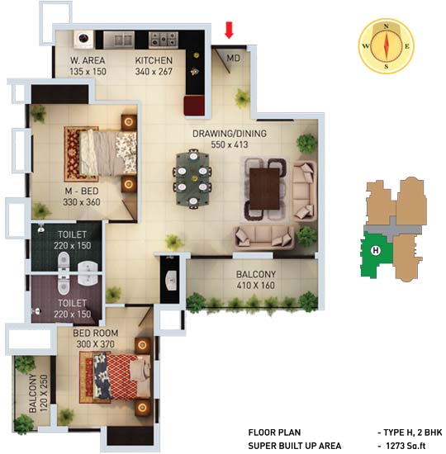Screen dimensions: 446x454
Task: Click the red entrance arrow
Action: [229, 30]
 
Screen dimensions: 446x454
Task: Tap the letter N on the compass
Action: [386, 26]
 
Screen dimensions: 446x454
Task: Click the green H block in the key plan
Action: [376, 255]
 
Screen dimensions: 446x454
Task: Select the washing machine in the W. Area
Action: [83, 39]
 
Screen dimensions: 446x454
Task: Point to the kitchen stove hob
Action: [164, 40]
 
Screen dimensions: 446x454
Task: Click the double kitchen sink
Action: [119, 40]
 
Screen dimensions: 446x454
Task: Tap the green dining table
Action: [192, 178]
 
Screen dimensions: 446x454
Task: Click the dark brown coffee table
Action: [264, 189]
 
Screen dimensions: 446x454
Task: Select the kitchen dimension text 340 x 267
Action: [154, 72]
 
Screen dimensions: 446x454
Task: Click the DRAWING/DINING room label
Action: [230, 134]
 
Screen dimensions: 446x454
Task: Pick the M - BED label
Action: [82, 192]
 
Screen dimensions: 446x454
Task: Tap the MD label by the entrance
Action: [233, 59]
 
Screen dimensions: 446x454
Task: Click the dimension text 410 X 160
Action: [255, 286]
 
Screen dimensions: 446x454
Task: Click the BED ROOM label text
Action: [96, 333]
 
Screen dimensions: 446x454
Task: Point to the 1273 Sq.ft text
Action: [406, 446]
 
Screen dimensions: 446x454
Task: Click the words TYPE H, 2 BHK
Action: [413, 433]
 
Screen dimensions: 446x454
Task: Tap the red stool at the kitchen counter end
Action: [194, 106]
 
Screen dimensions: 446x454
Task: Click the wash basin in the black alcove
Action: [170, 281]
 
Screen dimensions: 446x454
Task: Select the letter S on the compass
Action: [386, 67]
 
